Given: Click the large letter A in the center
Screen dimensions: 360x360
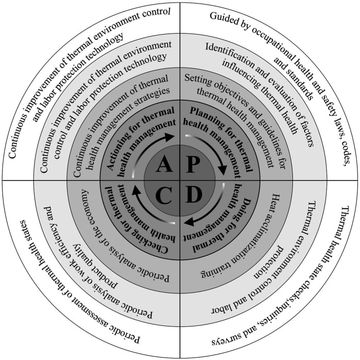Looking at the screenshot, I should [164, 165].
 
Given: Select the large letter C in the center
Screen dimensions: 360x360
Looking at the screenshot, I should [164, 196].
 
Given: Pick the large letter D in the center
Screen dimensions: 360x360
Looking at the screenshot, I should [195, 196].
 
